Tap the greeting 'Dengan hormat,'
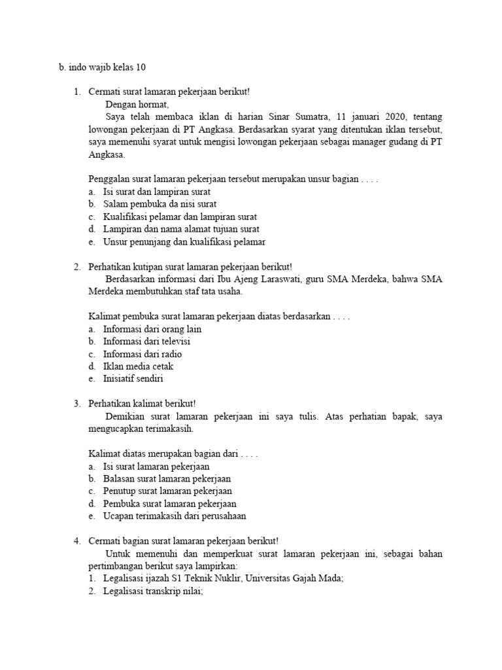click(137, 104)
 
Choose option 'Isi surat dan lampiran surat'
click(157, 192)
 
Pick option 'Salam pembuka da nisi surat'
click(157, 204)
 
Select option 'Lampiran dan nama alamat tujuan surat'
click(181, 229)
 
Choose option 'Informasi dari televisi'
click(147, 341)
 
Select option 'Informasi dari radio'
click(142, 354)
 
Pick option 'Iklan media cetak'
click(138, 366)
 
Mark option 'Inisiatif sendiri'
click(133, 379)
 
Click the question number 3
click(76, 403)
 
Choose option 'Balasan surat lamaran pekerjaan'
click(167, 478)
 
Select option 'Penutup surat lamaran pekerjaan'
click(167, 491)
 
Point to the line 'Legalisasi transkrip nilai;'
click(153, 591)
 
